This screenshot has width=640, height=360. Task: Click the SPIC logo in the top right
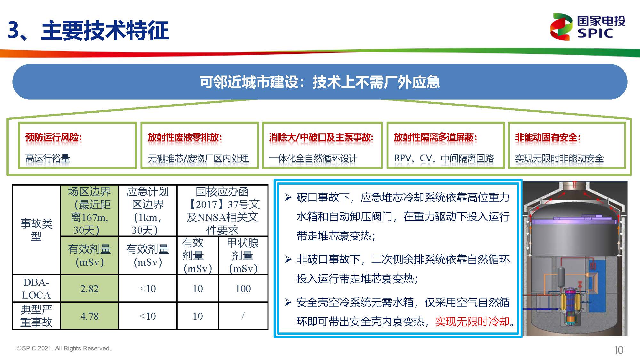coord(588,27)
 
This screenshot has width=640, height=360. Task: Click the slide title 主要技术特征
coord(105,31)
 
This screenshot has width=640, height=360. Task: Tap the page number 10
coord(618,350)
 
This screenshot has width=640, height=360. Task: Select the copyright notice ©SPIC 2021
coord(64,348)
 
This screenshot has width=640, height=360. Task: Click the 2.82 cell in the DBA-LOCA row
coord(89,289)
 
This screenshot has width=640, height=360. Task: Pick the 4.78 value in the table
coord(89,316)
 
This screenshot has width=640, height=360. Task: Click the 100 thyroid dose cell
coord(243,289)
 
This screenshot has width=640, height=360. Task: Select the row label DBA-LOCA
coord(36,289)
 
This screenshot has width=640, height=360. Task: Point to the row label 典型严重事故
coord(36,316)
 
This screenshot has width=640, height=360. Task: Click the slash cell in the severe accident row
coord(243,316)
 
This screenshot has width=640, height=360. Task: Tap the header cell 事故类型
coord(36,229)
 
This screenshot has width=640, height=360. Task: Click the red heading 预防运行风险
coord(53,138)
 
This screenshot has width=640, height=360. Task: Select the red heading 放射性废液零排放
coord(185,138)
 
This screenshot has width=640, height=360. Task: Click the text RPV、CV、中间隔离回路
coord(444,158)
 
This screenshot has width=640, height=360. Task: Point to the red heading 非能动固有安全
coord(548,138)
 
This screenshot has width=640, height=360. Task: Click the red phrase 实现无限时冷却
coord(472,321)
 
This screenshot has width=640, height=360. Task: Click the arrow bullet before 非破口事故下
coord(288,259)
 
